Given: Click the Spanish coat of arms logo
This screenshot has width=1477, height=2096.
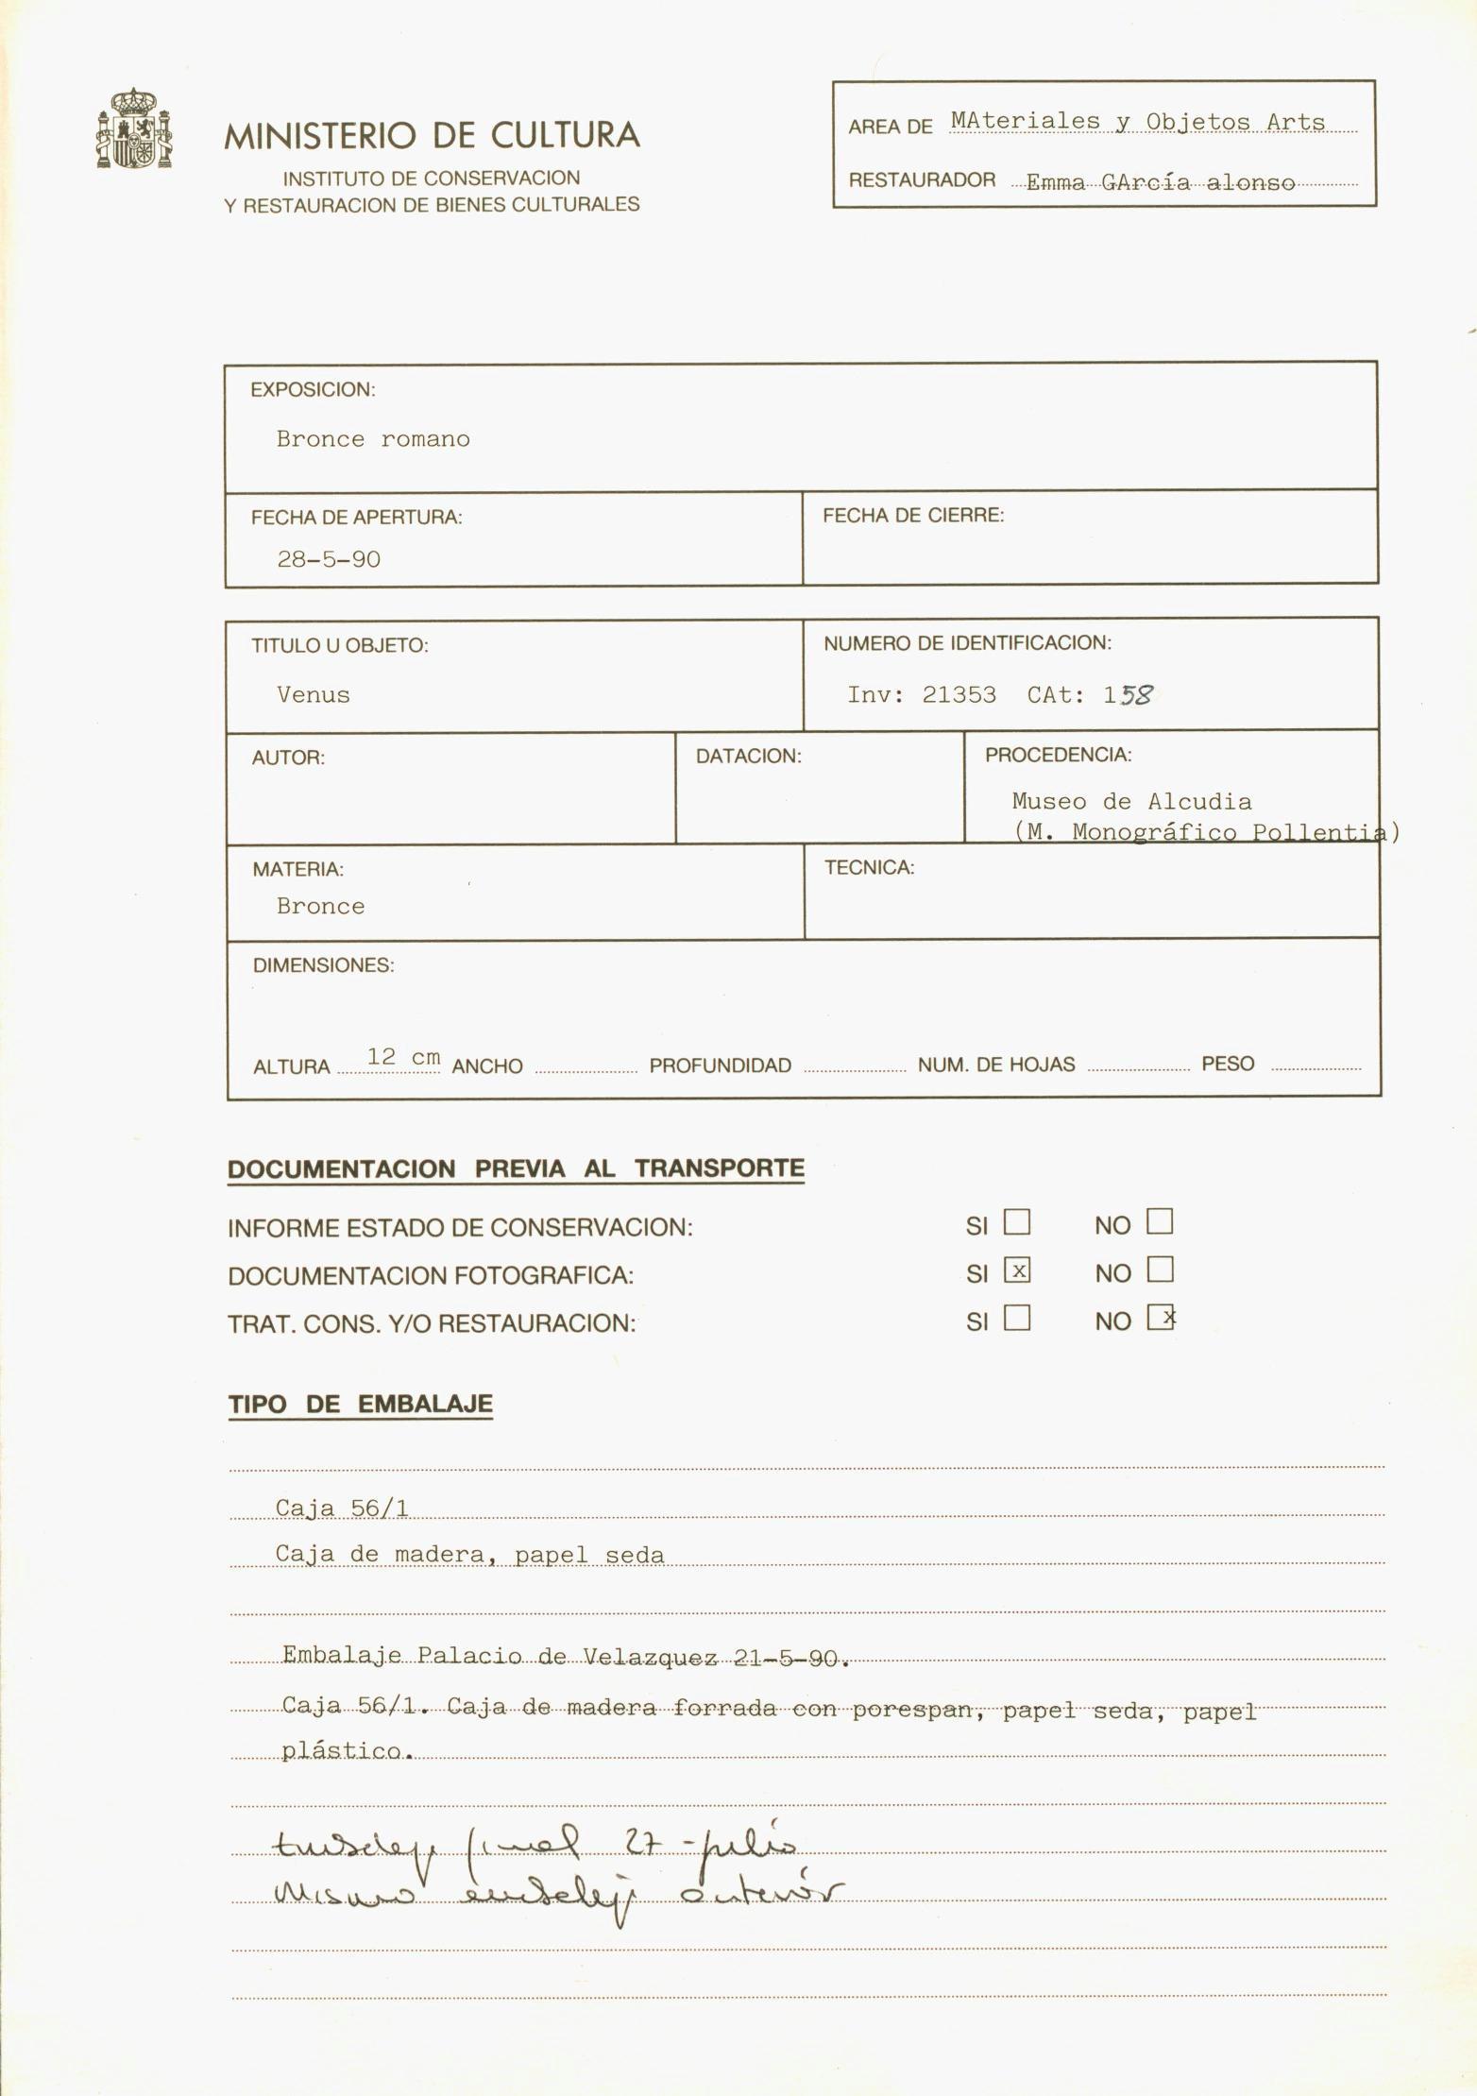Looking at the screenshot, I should (x=134, y=128).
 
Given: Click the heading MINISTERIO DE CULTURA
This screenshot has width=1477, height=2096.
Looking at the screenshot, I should (x=432, y=136).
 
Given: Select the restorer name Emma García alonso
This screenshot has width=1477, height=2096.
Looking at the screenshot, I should (x=1160, y=183).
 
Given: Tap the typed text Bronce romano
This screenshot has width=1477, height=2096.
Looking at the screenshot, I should (x=372, y=439).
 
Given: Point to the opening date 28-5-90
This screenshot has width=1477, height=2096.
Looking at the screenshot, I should (x=328, y=559).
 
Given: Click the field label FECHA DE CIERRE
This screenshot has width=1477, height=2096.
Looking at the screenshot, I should (x=912, y=516).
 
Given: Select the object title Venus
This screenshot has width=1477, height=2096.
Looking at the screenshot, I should (x=313, y=695).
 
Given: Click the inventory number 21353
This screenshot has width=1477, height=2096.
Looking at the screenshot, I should (x=959, y=695).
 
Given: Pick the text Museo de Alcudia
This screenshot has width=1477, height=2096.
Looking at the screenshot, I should (x=1131, y=802).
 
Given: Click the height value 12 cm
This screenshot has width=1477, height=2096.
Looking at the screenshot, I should (x=403, y=1057).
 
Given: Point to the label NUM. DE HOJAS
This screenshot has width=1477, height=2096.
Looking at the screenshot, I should (x=995, y=1065).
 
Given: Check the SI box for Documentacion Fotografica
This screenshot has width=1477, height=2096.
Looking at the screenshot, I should (x=1017, y=1270).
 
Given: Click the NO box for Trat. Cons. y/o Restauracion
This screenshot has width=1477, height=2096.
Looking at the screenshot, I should (x=1161, y=1317).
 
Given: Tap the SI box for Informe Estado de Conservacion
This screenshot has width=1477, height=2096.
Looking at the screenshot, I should (x=1017, y=1222).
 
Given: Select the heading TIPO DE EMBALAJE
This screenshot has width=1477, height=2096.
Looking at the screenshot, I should (x=360, y=1405).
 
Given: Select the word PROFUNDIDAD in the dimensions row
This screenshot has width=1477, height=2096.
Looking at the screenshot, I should (x=720, y=1065).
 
